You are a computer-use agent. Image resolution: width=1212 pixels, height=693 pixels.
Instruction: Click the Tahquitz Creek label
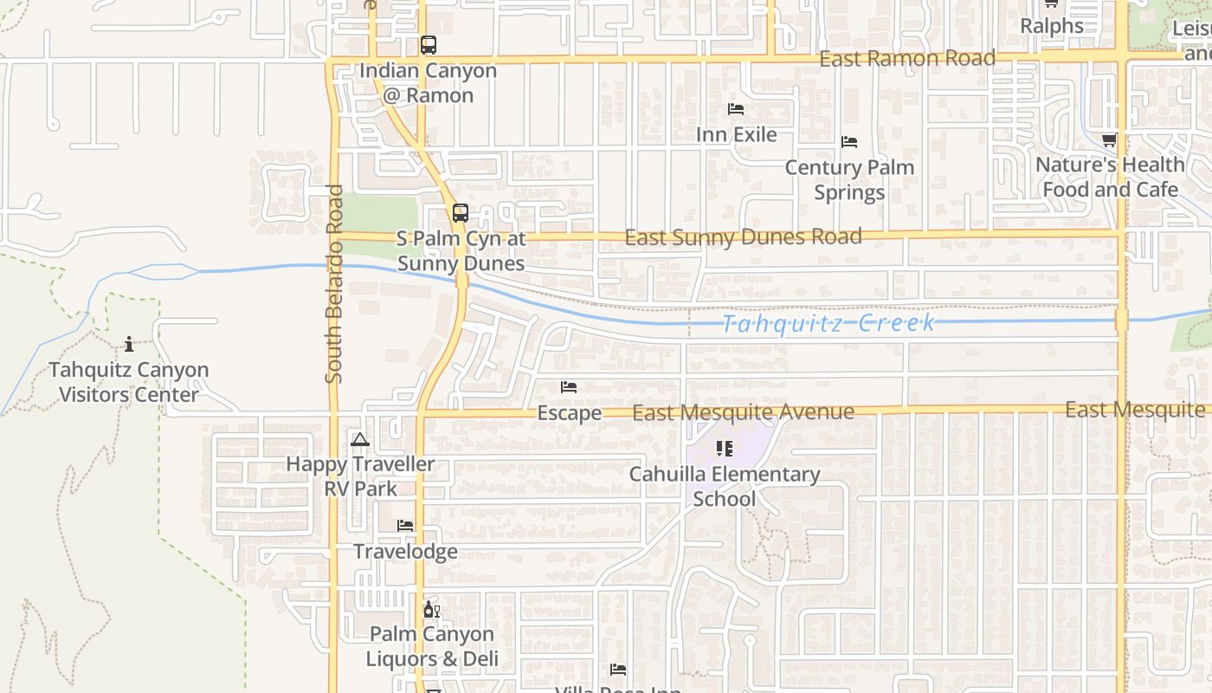click(828, 324)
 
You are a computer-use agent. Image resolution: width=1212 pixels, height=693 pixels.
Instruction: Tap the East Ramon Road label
click(907, 59)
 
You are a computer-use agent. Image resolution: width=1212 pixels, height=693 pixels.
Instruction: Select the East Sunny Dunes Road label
click(743, 236)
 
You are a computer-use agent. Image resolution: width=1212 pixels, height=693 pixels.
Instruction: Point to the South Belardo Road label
click(335, 283)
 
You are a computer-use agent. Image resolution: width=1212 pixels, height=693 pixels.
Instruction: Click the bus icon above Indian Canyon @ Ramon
click(429, 45)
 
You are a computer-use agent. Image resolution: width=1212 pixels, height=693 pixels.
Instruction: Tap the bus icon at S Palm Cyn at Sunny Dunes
click(461, 212)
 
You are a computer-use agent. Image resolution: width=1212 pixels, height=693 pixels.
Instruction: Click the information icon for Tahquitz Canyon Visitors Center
click(129, 344)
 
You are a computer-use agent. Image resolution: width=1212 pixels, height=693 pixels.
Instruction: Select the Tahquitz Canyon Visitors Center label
click(129, 382)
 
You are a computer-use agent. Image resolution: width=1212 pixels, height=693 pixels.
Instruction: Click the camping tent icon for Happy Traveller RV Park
click(360, 440)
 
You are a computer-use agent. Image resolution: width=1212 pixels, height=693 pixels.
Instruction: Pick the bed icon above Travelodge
click(404, 526)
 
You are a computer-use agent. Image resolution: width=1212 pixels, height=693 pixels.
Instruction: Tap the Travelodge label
click(405, 552)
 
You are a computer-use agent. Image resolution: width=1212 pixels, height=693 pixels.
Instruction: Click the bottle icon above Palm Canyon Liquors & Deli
click(430, 610)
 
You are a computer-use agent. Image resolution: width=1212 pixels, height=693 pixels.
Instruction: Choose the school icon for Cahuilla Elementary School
click(725, 449)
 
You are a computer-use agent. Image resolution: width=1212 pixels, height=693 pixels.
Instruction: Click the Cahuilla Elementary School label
click(725, 487)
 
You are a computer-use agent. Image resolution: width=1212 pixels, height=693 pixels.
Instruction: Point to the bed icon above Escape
click(569, 387)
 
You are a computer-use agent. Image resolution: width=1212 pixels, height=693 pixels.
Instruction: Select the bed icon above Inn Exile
click(736, 109)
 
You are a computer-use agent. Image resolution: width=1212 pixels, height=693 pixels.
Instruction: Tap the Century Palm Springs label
click(849, 179)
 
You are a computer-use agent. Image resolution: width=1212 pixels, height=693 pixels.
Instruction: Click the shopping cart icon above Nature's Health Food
click(1109, 139)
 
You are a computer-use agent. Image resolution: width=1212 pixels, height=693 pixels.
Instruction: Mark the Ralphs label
click(1051, 26)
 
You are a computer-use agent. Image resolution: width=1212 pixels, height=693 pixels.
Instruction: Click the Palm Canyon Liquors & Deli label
click(431, 646)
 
